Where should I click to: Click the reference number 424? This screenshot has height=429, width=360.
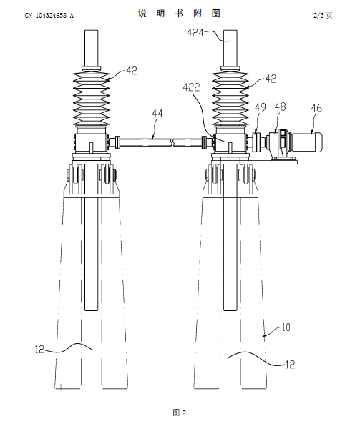(195, 33)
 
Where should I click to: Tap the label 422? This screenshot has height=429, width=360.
(191, 87)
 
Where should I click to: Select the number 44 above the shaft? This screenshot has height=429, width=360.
(157, 113)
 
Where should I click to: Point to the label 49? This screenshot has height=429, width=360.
(261, 107)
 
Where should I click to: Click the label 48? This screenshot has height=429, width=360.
(280, 107)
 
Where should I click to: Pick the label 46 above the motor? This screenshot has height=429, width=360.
(316, 108)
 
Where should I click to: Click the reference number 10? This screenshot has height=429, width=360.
(286, 327)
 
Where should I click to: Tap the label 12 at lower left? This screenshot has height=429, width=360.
(39, 350)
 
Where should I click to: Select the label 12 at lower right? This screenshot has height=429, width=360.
(290, 365)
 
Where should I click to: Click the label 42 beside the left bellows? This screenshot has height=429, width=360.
(132, 71)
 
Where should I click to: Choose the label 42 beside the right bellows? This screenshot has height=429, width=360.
(271, 79)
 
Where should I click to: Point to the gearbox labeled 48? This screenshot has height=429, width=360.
(280, 144)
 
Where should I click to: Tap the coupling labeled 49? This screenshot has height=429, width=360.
(256, 142)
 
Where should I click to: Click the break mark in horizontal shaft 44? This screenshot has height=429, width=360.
(172, 142)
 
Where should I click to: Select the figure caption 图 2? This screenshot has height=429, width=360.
(180, 413)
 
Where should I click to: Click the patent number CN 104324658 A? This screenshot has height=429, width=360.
(49, 16)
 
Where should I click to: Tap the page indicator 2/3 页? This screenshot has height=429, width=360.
(323, 15)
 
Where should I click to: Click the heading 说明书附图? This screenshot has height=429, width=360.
(179, 14)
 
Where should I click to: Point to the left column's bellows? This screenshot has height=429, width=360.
(92, 99)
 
